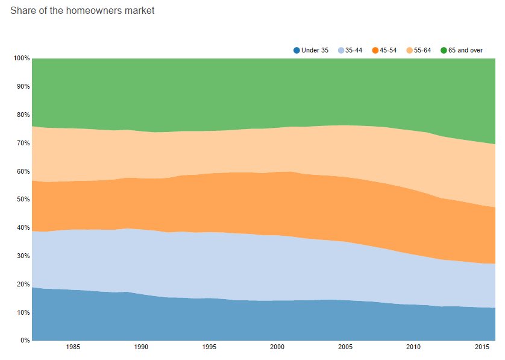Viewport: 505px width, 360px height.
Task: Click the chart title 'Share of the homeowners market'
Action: click(82, 10)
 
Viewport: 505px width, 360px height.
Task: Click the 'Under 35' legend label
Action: click(315, 50)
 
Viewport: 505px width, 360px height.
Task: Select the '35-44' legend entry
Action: click(354, 50)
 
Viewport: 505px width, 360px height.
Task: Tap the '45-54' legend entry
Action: click(388, 50)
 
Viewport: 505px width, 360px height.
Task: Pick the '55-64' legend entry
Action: click(422, 50)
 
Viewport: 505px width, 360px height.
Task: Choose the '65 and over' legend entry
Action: click(465, 50)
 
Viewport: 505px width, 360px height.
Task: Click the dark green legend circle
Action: click(444, 50)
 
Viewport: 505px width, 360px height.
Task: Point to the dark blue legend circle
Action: click(296, 50)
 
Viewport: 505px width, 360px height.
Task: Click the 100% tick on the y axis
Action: click(22, 58)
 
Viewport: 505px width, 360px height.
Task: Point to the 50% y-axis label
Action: click(23, 200)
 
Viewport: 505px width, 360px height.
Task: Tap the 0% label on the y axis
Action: click(25, 341)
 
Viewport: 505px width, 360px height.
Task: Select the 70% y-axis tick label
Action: click(23, 143)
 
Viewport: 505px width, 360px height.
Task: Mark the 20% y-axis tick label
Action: click(23, 284)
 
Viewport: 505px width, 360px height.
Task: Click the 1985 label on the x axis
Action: click(73, 347)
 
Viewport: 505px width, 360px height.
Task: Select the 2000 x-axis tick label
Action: click(277, 347)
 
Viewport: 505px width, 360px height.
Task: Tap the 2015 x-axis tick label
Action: click(481, 347)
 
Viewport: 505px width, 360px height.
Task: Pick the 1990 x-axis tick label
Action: click(141, 347)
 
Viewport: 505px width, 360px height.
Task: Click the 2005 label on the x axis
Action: click(345, 347)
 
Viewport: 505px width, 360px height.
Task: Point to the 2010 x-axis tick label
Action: click(413, 347)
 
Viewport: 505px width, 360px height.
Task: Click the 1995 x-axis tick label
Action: click(209, 347)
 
